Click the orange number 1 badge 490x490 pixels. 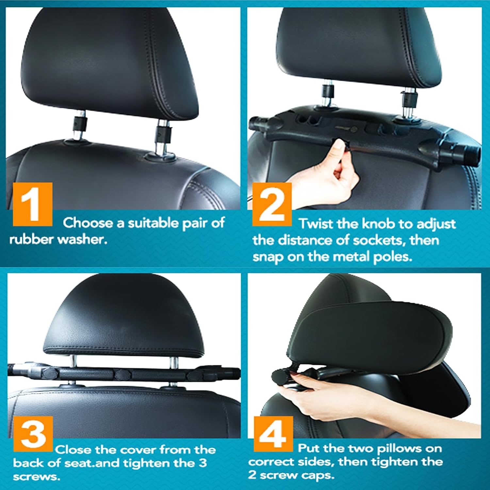33,204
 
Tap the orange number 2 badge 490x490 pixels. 272,204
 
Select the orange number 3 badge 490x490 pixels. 33,434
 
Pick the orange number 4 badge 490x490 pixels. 273,434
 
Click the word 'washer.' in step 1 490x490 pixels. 82,240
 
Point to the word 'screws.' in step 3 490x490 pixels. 37,477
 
